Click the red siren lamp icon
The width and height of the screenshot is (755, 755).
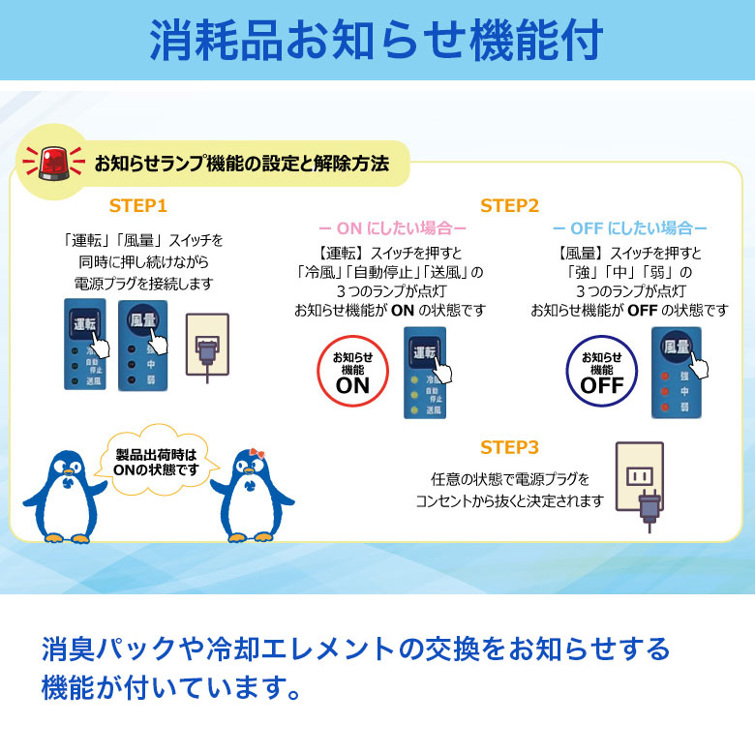pyautogui.click(x=54, y=163)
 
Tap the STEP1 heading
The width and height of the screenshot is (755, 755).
pyautogui.click(x=137, y=206)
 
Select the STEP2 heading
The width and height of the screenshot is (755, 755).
pyautogui.click(x=509, y=206)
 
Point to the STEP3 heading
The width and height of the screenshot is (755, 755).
pyautogui.click(x=509, y=448)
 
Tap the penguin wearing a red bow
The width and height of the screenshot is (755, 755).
pyautogui.click(x=251, y=495)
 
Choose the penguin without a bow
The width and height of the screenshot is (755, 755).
pyautogui.click(x=66, y=496)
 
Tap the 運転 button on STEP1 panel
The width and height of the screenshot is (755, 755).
pyautogui.click(x=84, y=324)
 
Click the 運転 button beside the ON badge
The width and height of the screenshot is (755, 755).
pyautogui.click(x=424, y=352)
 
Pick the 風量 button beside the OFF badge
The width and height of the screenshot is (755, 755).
pyautogui.click(x=677, y=347)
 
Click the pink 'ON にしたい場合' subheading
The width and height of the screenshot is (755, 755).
pyautogui.click(x=392, y=228)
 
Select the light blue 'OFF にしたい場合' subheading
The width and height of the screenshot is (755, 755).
pyautogui.click(x=629, y=228)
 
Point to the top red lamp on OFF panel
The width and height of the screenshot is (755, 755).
pyautogui.click(x=665, y=377)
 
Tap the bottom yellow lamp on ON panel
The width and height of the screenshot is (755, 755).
pyautogui.click(x=413, y=410)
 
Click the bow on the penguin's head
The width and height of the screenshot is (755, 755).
pyautogui.click(x=257, y=454)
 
